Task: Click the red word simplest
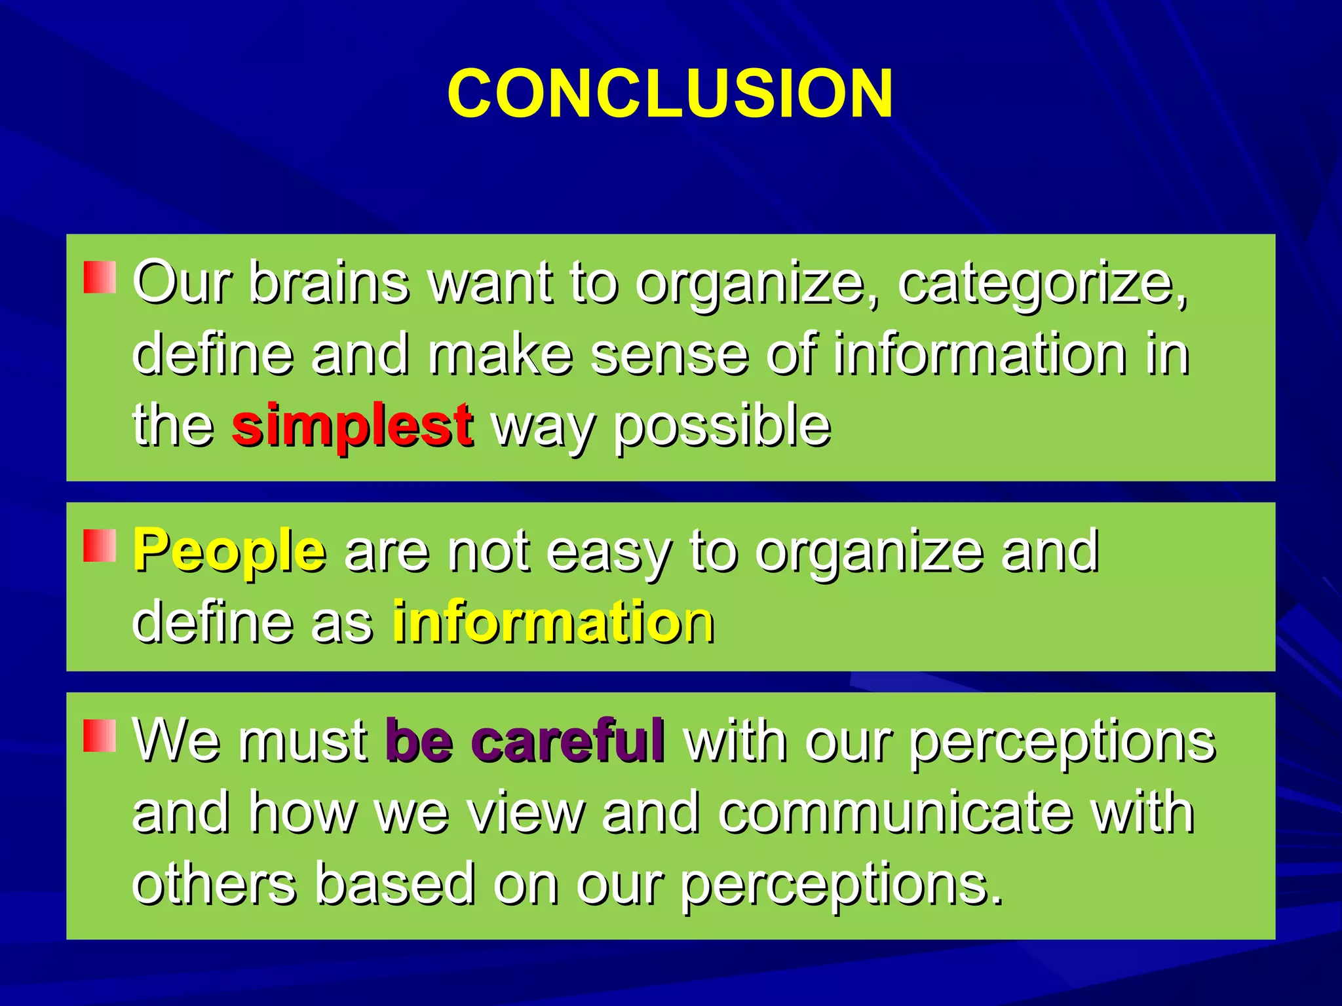352,425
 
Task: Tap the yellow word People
229,551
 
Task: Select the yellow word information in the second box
553,622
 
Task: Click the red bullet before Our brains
100,277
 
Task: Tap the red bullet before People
100,546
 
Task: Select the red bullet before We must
100,736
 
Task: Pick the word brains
329,283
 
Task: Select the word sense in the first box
669,354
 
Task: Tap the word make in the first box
501,354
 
